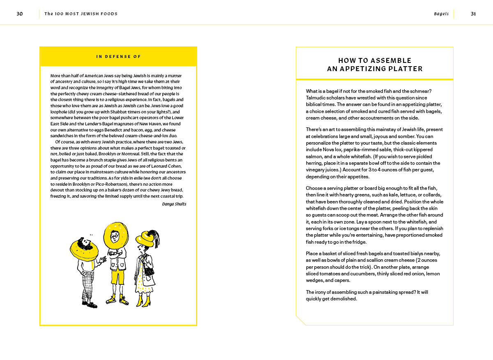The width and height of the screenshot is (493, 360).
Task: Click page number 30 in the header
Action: (x=20, y=14)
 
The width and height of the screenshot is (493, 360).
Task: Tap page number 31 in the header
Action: (x=473, y=14)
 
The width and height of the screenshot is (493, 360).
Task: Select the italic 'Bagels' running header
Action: (x=441, y=14)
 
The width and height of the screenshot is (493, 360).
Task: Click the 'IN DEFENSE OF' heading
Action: (x=118, y=57)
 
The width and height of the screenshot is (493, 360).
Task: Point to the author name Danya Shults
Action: (x=174, y=204)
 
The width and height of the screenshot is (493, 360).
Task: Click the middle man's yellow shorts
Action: (x=117, y=277)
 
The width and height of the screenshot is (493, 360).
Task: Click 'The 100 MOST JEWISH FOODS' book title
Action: (x=81, y=14)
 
